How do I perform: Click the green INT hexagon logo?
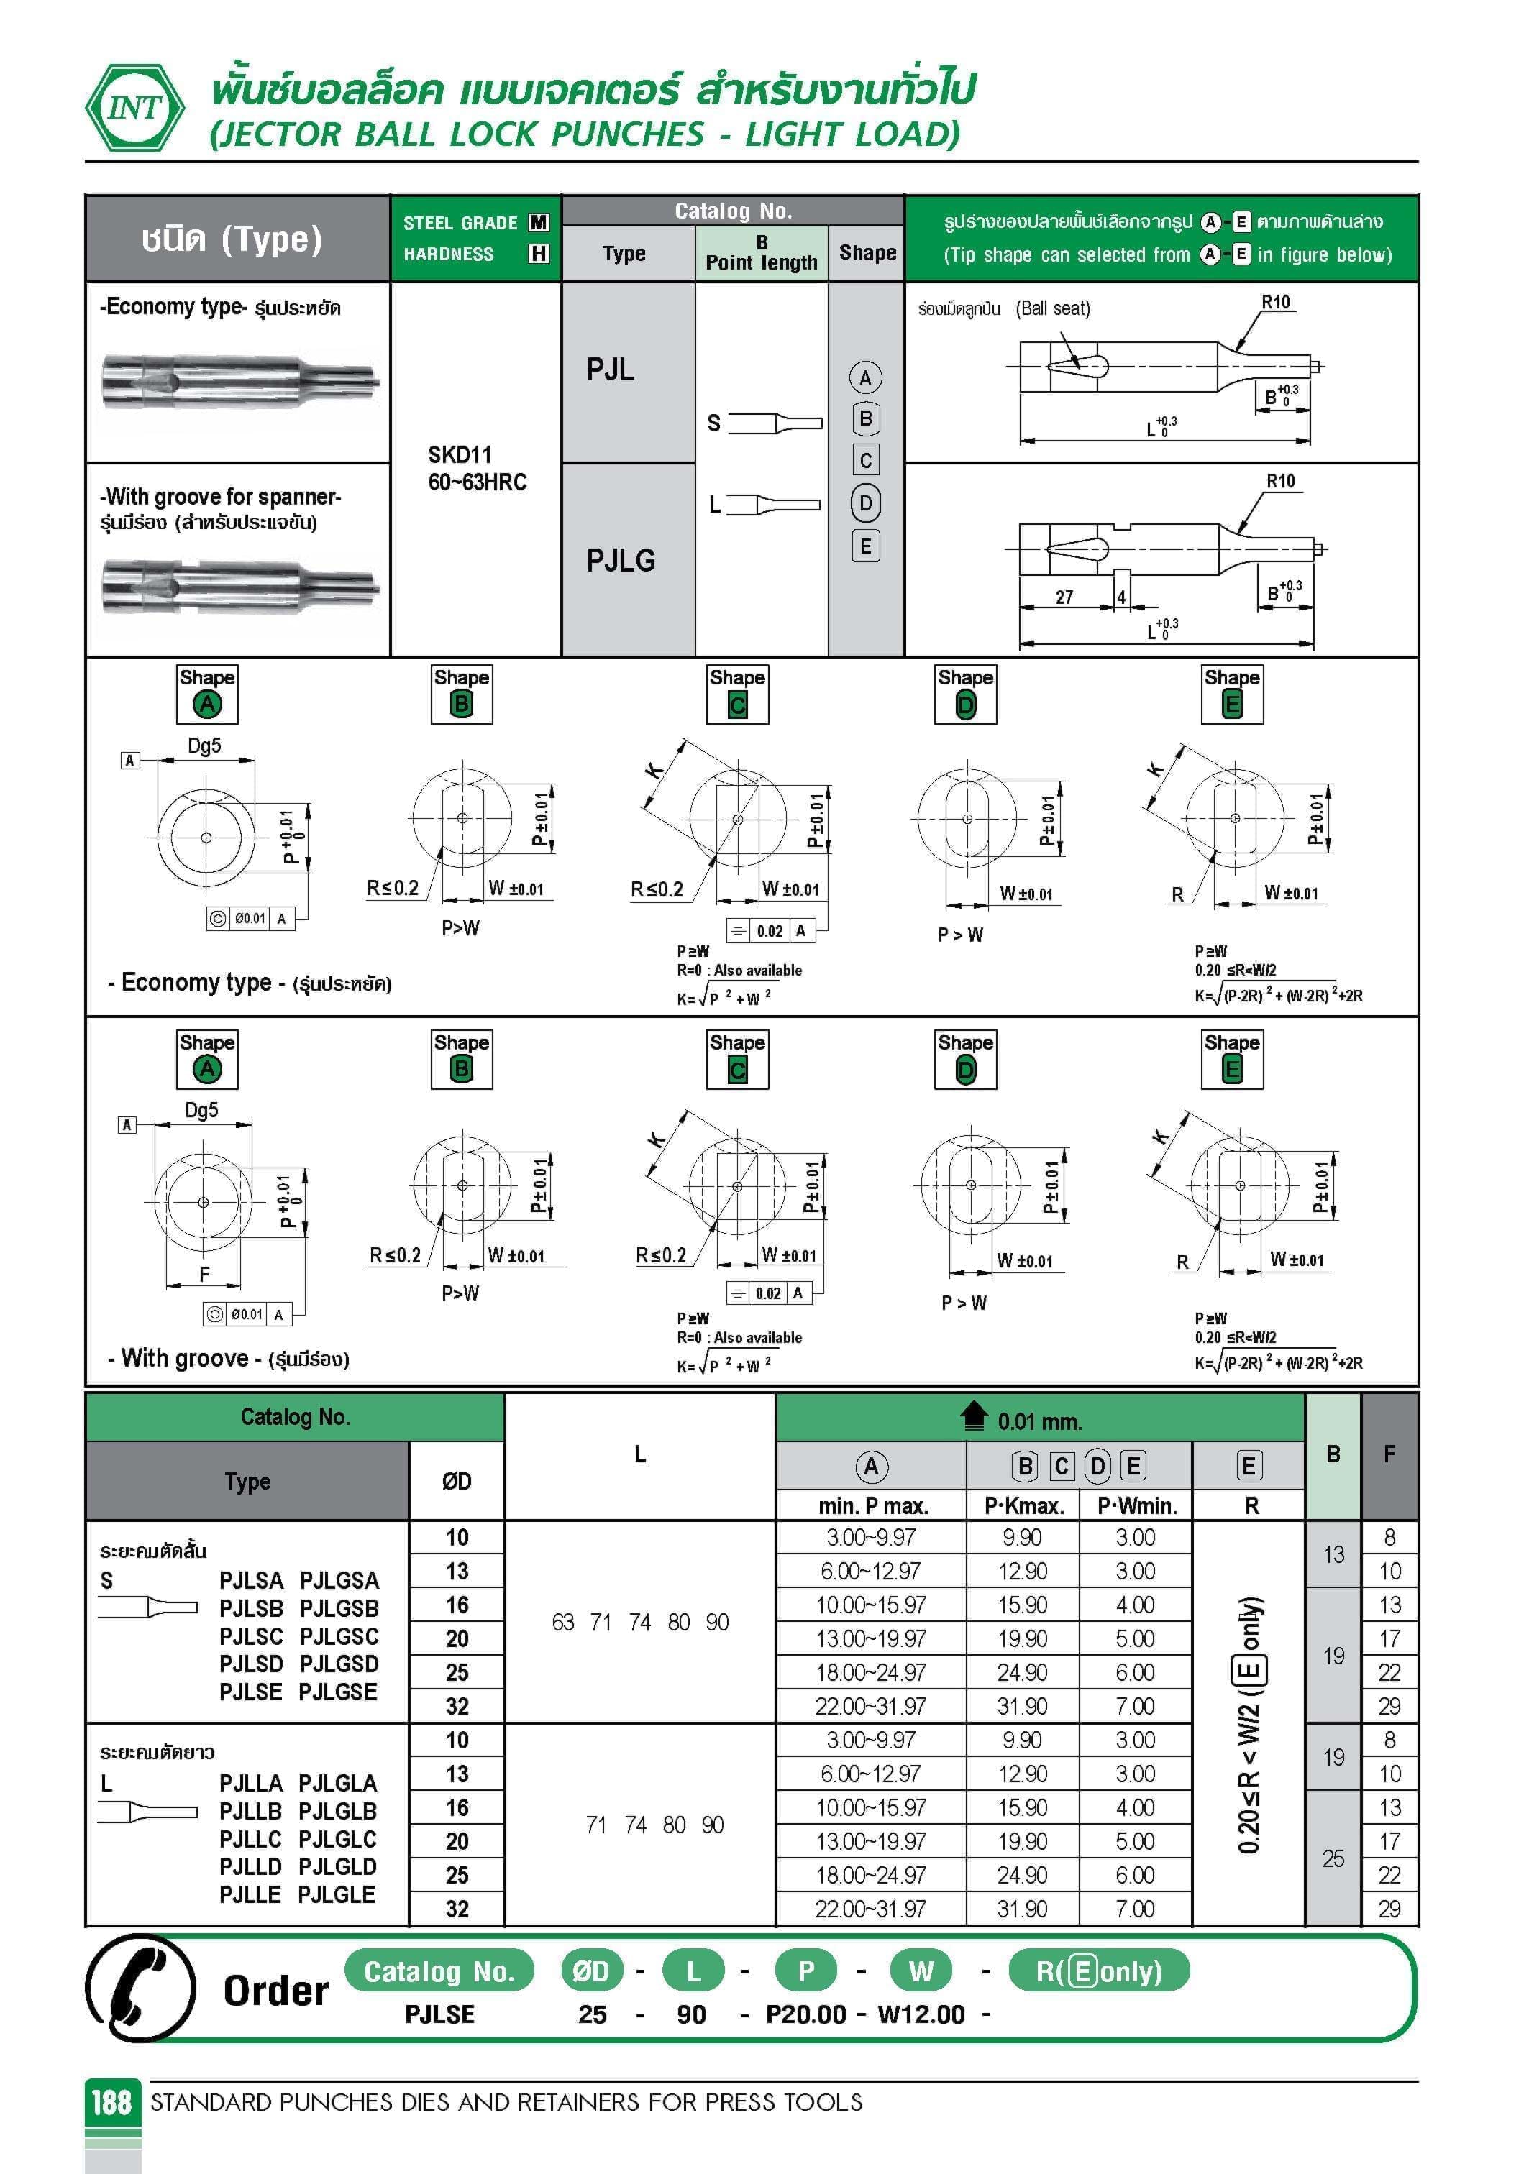point(134,108)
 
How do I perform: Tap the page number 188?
point(111,2102)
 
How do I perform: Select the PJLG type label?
point(621,561)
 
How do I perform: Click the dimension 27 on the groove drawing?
point(1065,597)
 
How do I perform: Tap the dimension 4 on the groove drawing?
point(1122,597)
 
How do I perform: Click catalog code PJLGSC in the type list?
point(338,1636)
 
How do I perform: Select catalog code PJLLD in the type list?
point(250,1866)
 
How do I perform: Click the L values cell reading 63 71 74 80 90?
point(639,1622)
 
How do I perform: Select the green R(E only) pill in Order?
point(1098,1971)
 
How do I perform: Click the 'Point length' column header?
point(761,262)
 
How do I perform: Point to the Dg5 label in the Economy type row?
point(205,746)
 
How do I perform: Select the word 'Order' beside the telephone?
point(275,1990)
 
